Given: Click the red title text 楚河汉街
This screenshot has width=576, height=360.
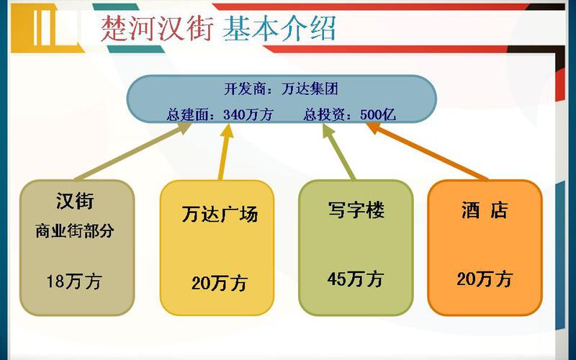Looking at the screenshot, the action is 157,28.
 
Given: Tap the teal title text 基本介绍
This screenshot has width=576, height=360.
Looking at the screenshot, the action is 279,28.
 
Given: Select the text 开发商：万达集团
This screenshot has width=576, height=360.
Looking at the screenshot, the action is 281,89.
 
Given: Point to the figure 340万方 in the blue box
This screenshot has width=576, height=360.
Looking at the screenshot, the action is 248,115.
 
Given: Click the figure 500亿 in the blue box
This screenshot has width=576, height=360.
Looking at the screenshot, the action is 377,115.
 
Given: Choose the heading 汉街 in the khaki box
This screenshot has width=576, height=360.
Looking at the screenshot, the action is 75,201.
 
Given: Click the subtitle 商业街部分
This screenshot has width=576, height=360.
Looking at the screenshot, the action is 75,230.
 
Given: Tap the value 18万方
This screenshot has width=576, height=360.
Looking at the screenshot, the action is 74,282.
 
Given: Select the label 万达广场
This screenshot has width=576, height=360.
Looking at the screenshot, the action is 220,214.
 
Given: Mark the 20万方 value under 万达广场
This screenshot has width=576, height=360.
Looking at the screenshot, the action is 220,283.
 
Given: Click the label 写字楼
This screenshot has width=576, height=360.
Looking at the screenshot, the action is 356,210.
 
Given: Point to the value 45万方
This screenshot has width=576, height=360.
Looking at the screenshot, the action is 355,279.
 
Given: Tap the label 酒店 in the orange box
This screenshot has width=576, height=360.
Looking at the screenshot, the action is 484,210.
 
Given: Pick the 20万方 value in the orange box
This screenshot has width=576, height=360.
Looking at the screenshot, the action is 485,279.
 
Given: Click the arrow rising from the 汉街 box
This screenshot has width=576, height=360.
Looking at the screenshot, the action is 132,151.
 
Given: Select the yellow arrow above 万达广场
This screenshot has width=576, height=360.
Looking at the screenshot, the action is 225,152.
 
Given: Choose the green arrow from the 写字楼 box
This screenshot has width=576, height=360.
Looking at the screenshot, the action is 338,152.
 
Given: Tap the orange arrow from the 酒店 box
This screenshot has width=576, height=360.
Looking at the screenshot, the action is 427,151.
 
